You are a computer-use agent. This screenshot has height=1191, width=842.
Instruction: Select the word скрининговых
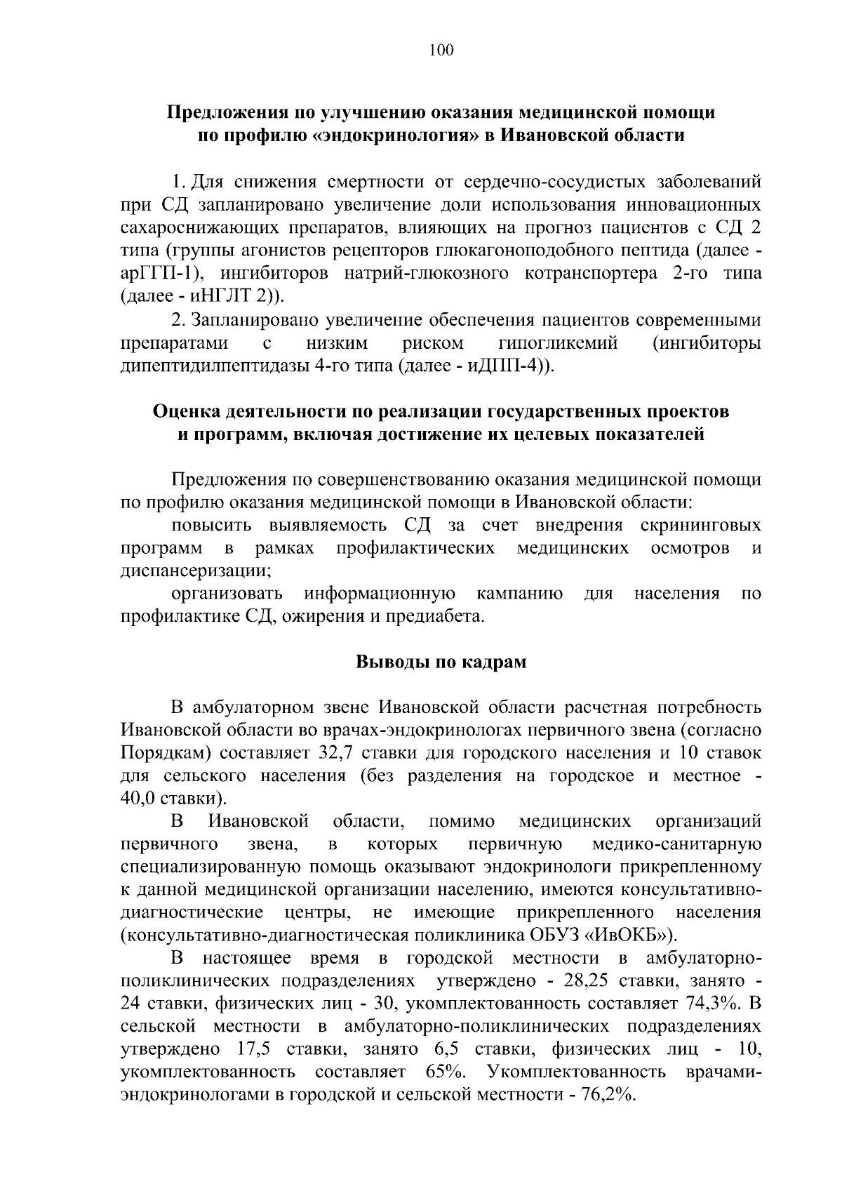coord(700,526)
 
